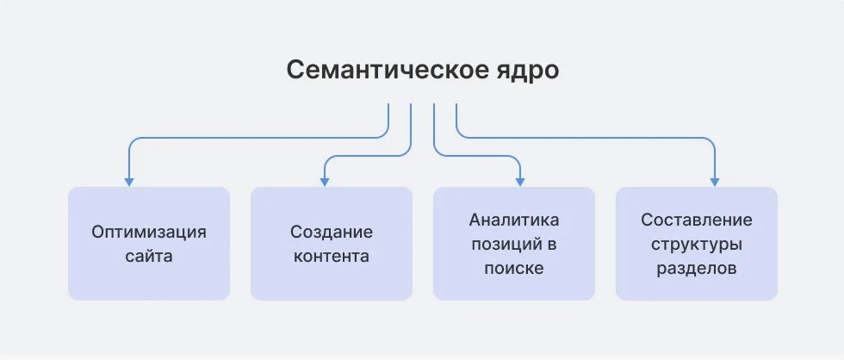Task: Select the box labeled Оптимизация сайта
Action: tap(149, 243)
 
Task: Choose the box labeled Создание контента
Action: tap(332, 243)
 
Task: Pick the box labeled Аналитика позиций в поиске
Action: tap(514, 243)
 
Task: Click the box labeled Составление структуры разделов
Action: tap(697, 243)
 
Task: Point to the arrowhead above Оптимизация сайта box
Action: tap(128, 182)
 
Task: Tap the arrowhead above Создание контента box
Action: tap(325, 182)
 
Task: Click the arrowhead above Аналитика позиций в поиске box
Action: tap(520, 182)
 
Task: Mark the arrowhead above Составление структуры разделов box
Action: tap(715, 182)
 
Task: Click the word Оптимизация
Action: tap(149, 233)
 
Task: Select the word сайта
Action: tap(149, 256)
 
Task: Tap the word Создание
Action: tap(332, 233)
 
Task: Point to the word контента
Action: tap(332, 256)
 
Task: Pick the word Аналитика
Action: tap(514, 220)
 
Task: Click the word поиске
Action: tap(514, 269)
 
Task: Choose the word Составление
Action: tap(697, 220)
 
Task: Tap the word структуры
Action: tap(697, 245)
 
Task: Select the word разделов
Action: tap(697, 269)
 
